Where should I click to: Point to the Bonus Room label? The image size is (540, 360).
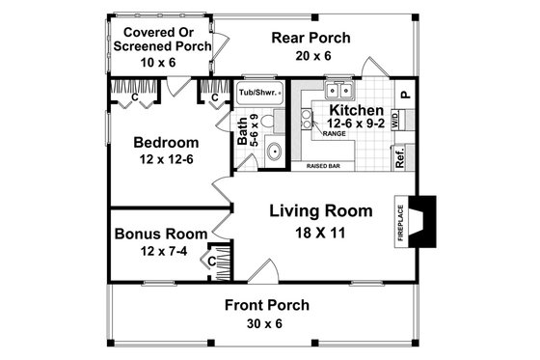point(161,234)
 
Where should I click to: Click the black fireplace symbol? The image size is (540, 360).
point(423,213)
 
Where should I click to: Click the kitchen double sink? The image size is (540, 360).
point(337,92)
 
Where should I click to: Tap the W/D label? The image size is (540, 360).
point(395,119)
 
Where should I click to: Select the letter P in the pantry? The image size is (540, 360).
point(405,95)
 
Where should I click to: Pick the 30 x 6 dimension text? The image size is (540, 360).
point(267,324)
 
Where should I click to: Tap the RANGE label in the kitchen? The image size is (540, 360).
point(333,134)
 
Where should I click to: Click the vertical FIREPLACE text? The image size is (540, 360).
point(399,221)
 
